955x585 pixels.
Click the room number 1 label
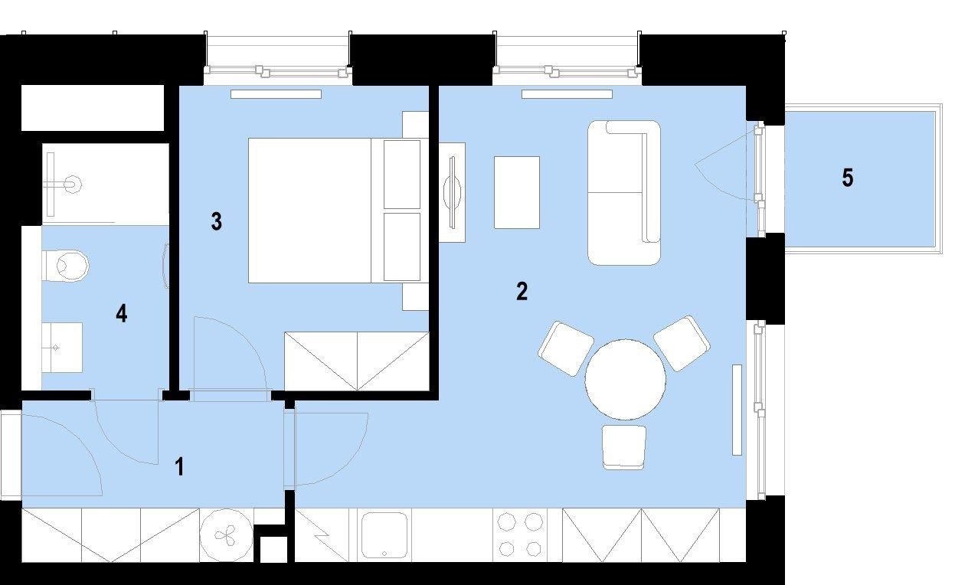(180, 466)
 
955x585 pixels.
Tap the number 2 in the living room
(522, 291)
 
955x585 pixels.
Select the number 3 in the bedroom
(217, 222)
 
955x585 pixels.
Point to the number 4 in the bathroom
(122, 313)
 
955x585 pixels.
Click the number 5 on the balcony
(848, 178)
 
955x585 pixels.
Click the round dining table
(625, 380)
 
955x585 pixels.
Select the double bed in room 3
(339, 211)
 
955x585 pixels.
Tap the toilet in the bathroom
(65, 266)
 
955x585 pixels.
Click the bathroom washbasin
(62, 348)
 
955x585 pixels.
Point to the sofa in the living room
(624, 193)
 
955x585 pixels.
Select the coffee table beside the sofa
(517, 192)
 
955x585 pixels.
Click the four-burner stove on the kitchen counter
(520, 534)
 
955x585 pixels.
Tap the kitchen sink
(384, 535)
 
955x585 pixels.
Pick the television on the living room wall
(453, 193)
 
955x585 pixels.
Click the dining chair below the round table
(623, 447)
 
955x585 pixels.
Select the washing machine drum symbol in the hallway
(226, 535)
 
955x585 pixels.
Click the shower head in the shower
(74, 185)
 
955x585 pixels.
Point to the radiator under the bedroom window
(276, 94)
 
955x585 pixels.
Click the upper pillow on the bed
(402, 174)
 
